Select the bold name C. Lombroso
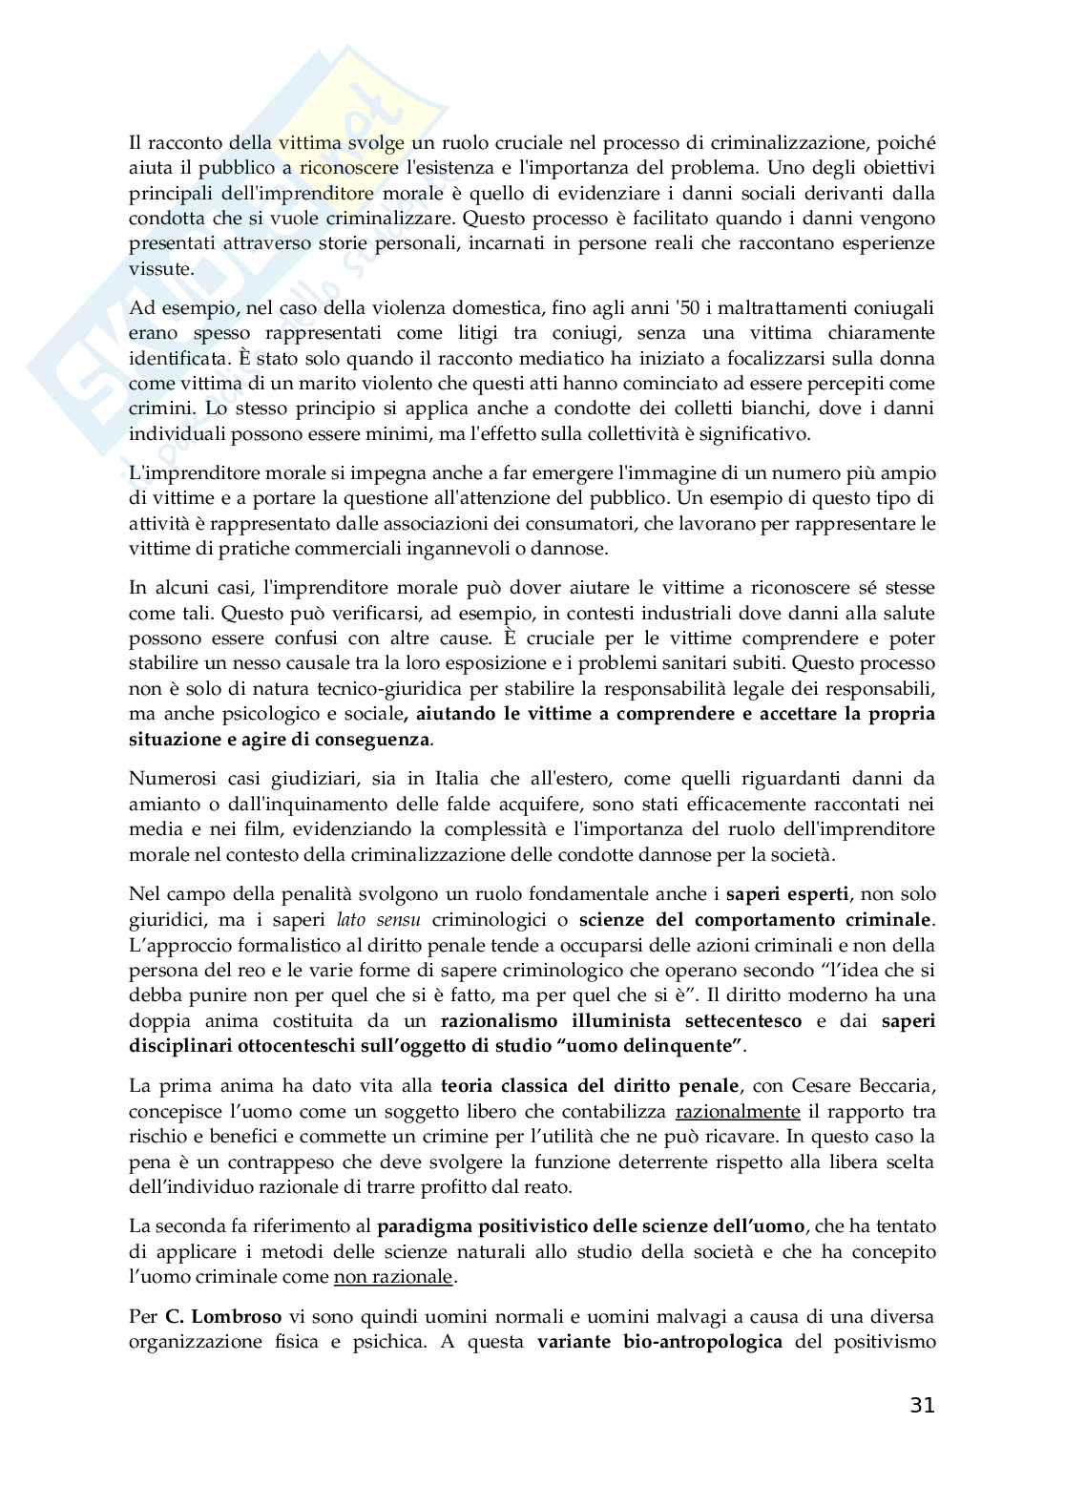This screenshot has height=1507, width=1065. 223,1316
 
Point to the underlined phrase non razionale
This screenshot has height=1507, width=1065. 393,1276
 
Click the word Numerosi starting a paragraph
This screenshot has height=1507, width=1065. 166,778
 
